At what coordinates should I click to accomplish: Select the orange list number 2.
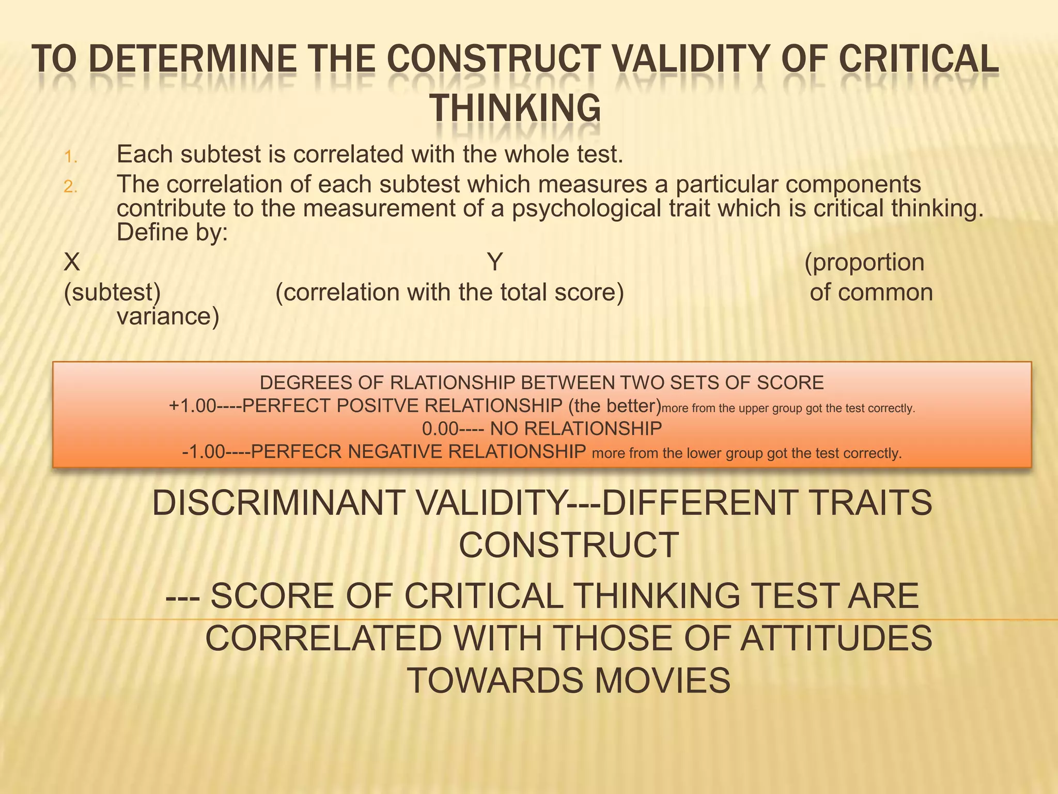tap(71, 187)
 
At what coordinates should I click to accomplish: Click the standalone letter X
tap(72, 262)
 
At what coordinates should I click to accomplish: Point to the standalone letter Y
tap(495, 262)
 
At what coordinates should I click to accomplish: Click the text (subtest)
tap(112, 293)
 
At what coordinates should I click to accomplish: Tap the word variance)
tap(168, 316)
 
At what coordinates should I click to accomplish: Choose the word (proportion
tap(864, 262)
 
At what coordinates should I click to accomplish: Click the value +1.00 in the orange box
tap(192, 406)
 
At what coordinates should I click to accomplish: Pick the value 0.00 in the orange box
tap(440, 429)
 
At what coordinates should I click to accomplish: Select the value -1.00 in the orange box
tap(204, 452)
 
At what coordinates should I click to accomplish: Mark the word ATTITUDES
tap(836, 638)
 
